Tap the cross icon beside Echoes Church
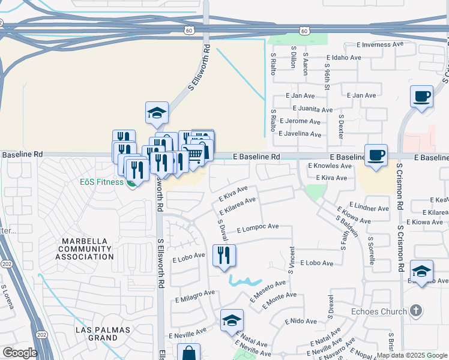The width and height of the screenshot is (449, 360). (x=415, y=311)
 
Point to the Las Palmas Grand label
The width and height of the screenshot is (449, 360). (x=97, y=334)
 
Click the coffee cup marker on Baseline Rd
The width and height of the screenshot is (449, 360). (x=376, y=155)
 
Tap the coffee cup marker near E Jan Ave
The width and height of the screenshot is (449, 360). (x=421, y=96)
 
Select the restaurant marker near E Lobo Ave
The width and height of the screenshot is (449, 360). (x=224, y=255)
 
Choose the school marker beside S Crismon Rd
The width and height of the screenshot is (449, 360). (x=421, y=271)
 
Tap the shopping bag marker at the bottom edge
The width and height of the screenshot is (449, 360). (x=188, y=352)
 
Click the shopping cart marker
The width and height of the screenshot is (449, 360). (x=193, y=155)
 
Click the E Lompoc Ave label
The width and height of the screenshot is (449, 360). (x=258, y=228)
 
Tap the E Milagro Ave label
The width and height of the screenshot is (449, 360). (x=195, y=295)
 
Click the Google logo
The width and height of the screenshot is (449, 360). (x=20, y=353)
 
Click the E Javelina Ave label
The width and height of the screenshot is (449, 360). (x=307, y=134)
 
